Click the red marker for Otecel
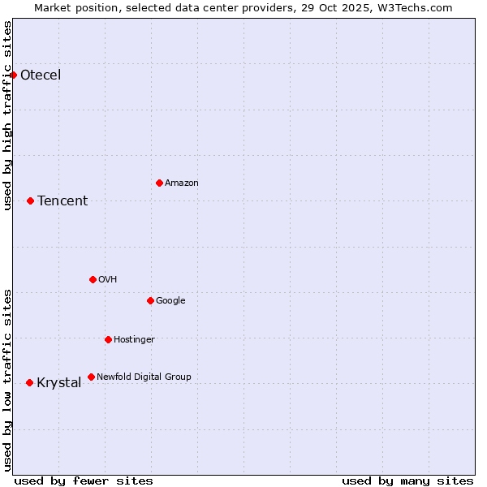point(13,75)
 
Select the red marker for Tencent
point(30,200)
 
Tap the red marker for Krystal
point(29,382)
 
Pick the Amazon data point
point(159,183)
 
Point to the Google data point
point(150,300)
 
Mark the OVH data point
point(93,279)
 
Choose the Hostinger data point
point(108,339)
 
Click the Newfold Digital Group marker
point(91,377)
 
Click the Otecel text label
point(41,75)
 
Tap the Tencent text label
point(62,201)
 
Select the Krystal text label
point(59,383)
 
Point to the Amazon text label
point(182,183)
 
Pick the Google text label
point(170,301)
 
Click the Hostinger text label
point(134,340)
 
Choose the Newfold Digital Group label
point(144,377)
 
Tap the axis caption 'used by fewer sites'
point(84,481)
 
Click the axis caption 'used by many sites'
point(407,481)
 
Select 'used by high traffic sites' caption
point(8,115)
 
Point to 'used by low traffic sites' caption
point(8,380)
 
